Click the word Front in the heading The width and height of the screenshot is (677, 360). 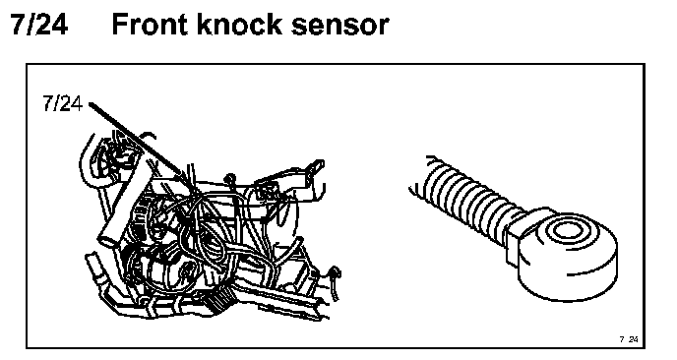pos(150,25)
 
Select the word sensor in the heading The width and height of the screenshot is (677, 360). pos(339,27)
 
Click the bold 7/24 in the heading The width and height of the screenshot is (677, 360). pos(39,25)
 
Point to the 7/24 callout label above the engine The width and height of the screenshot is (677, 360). pos(63,103)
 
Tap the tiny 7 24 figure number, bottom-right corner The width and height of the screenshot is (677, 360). pos(629,339)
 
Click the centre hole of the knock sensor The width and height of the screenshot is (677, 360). pos(567,231)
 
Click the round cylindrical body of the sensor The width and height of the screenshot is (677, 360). pos(567,256)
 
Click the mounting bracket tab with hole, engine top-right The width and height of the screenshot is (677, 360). pos(317,167)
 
